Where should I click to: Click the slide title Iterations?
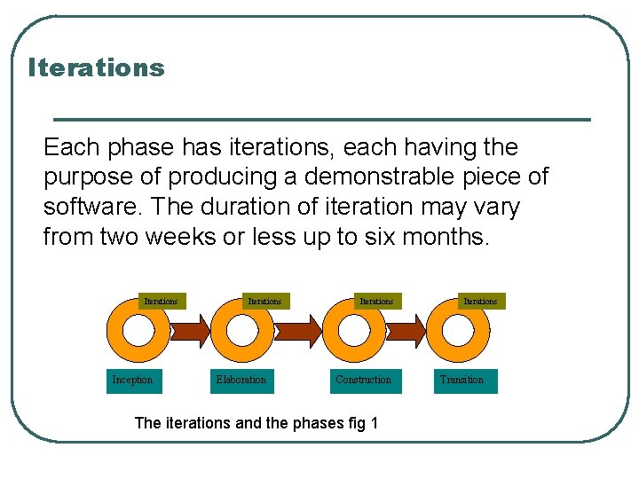[96, 67]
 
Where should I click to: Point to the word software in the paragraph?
[93, 207]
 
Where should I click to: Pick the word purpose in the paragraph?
[88, 177]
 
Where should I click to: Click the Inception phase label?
[132, 380]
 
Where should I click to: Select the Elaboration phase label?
[241, 380]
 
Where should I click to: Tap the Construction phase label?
[363, 380]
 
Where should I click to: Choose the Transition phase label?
[462, 380]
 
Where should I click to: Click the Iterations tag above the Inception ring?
[161, 302]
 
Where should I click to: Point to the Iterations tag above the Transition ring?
[480, 302]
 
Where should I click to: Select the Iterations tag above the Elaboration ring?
[264, 302]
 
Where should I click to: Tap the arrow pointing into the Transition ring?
[407, 332]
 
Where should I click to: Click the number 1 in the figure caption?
[375, 423]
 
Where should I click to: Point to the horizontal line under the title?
[321, 119]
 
